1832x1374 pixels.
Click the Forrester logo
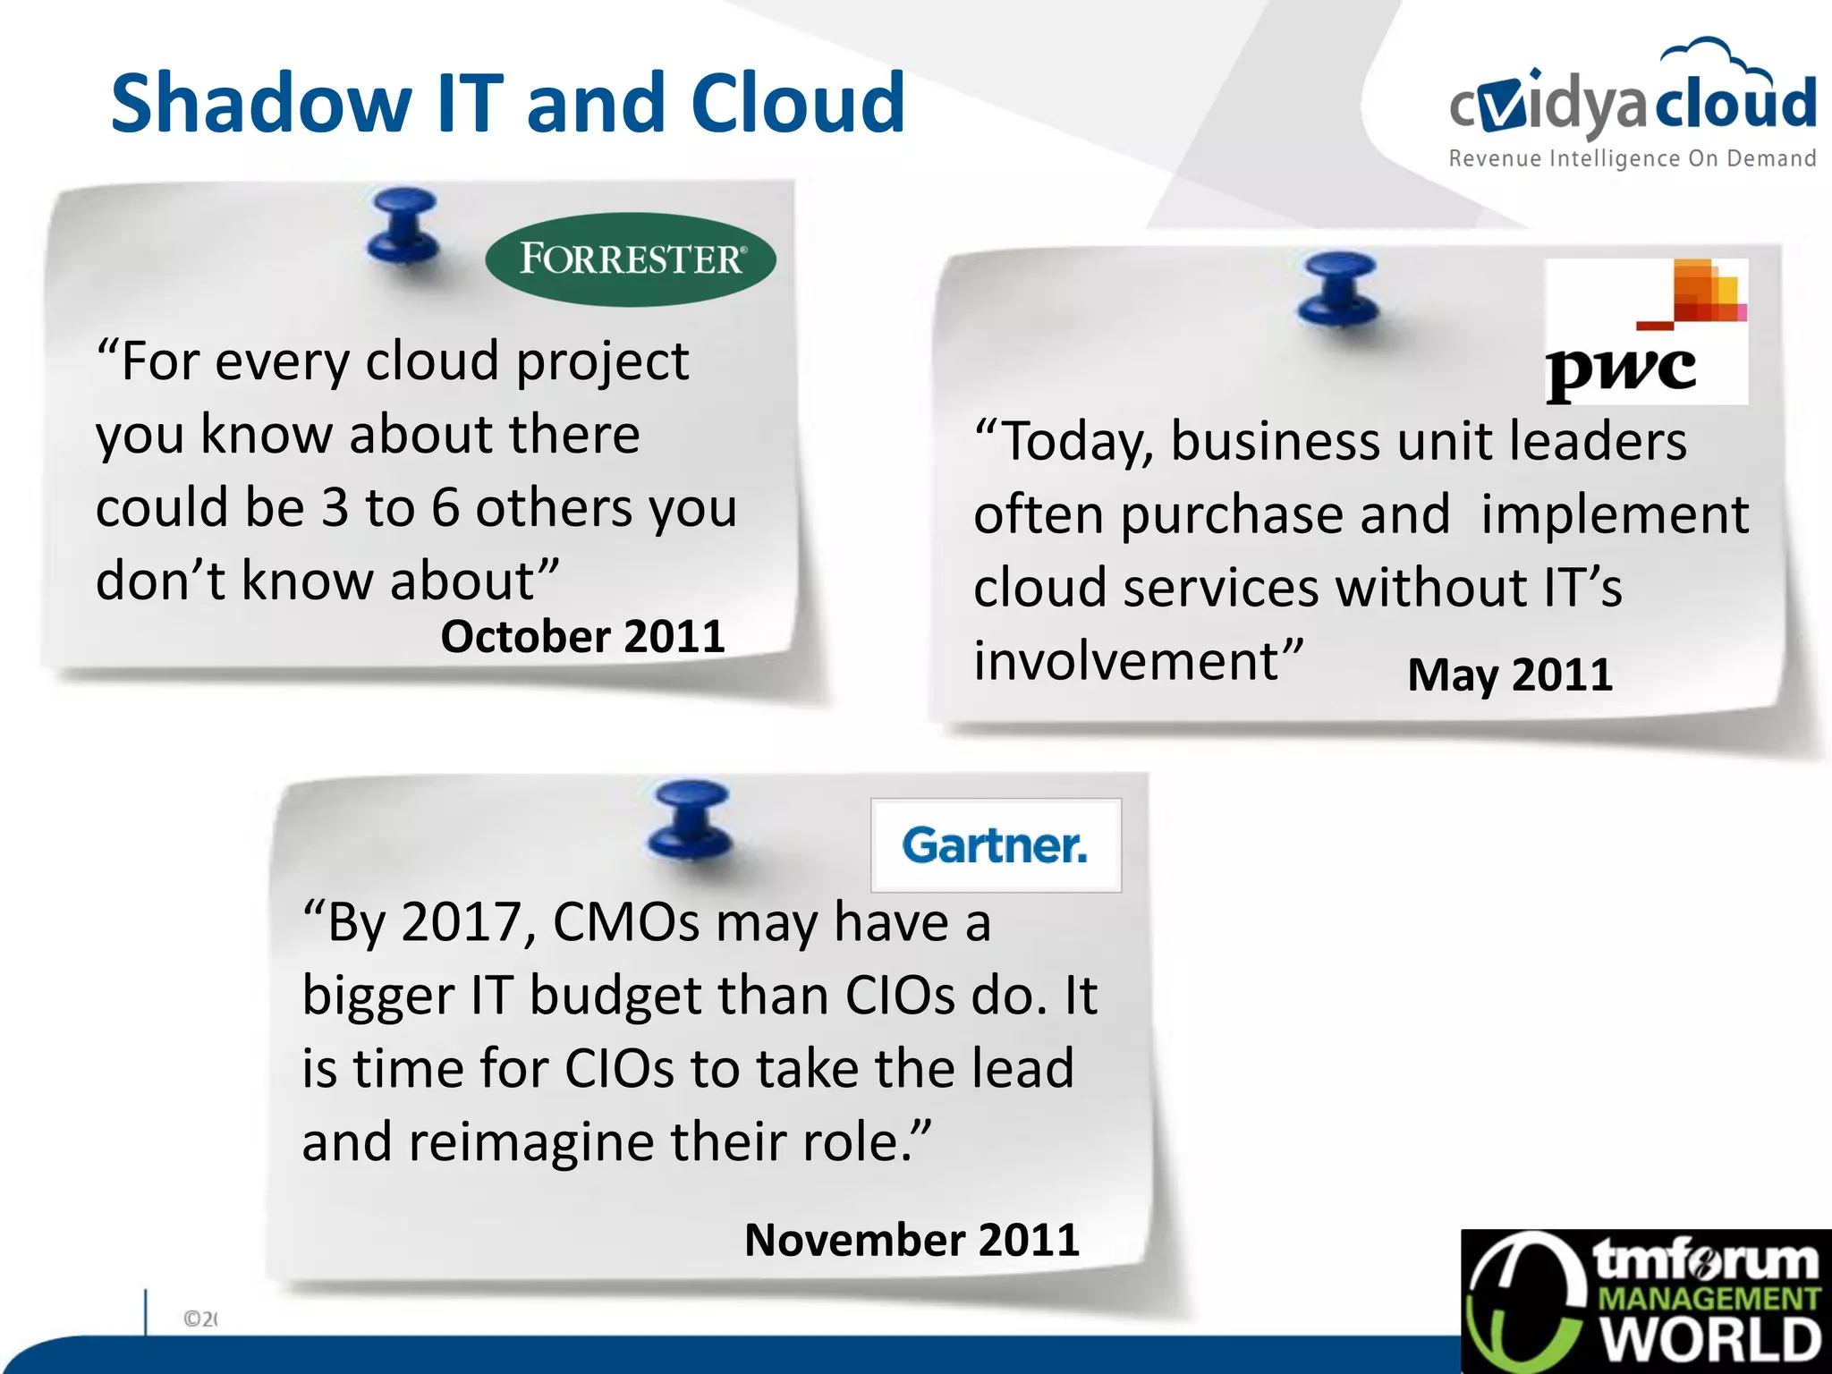coord(631,259)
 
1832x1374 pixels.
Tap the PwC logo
coord(1646,331)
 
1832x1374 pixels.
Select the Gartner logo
coord(996,845)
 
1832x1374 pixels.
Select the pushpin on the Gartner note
coord(691,819)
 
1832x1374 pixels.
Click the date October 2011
coord(582,637)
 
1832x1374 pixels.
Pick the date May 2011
coord(1510,674)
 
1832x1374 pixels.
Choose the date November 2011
coord(912,1240)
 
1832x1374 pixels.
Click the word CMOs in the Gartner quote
coord(626,922)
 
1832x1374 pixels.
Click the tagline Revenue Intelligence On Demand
coord(1632,159)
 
